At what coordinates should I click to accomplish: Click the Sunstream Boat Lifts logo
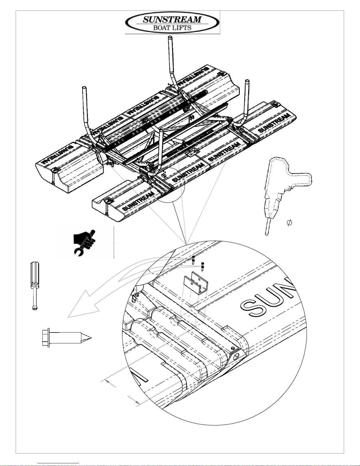click(x=173, y=23)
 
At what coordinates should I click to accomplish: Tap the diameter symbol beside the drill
click(x=289, y=223)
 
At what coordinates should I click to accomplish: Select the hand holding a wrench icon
click(x=84, y=243)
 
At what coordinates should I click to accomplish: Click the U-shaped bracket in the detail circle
click(x=193, y=283)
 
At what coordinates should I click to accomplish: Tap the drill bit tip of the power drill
click(x=267, y=234)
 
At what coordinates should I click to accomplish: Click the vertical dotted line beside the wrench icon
click(x=114, y=243)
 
